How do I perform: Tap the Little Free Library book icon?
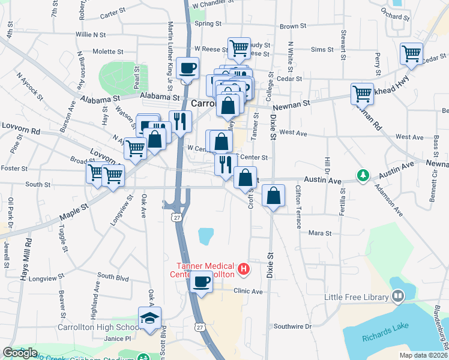(x=397, y=296)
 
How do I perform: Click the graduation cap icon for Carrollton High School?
(x=149, y=319)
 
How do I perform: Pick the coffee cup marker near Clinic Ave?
(x=201, y=281)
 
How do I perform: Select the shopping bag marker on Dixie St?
(x=273, y=196)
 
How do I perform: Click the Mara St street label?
(x=320, y=232)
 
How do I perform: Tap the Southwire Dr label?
(x=292, y=326)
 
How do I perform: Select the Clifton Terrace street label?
(x=298, y=206)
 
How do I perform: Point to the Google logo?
(x=19, y=353)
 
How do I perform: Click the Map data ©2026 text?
(x=423, y=355)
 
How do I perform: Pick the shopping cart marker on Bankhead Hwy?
(x=362, y=94)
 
